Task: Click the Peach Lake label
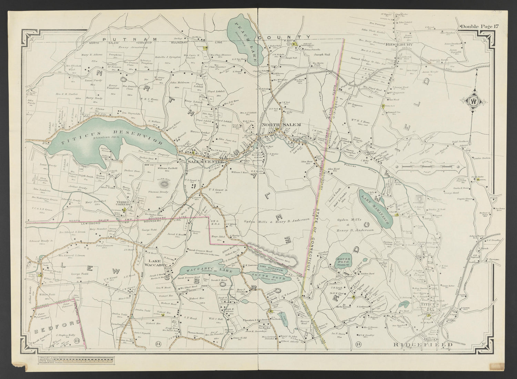coord(246,40)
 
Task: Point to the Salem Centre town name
coord(202,162)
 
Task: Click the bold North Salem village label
coord(276,125)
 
